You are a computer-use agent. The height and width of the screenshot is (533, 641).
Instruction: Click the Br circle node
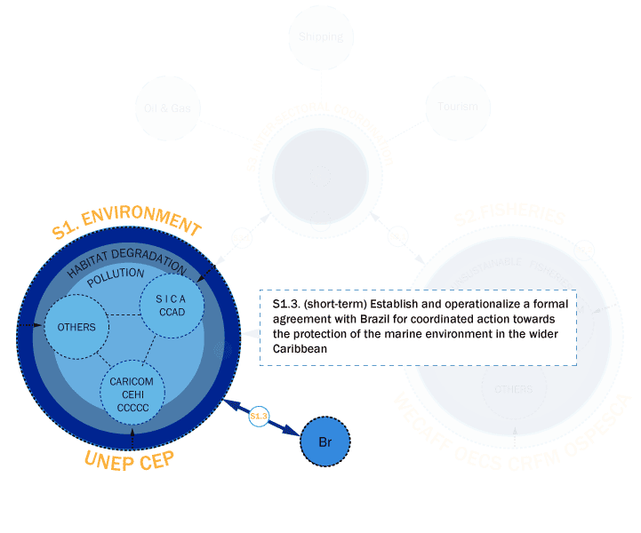point(326,441)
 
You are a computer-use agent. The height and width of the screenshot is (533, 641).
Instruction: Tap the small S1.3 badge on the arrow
point(259,415)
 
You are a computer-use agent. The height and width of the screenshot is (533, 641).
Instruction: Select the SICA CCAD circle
point(172,306)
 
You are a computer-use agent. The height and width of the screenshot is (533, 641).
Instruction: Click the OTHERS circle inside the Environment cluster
point(76,327)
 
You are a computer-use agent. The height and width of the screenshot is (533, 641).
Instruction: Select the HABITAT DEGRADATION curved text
point(126,258)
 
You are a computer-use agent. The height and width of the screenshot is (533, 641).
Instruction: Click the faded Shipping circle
point(321,36)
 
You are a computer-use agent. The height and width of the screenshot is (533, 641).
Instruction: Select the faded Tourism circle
point(458,107)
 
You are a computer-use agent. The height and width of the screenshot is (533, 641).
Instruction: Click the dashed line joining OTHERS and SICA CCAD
point(124,314)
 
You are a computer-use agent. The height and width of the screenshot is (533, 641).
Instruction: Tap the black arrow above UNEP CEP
point(132,435)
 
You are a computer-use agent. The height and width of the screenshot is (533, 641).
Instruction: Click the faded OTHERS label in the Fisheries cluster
point(514,389)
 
